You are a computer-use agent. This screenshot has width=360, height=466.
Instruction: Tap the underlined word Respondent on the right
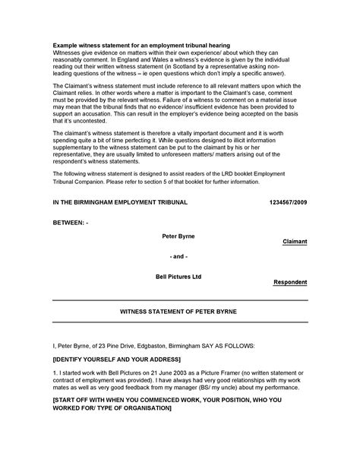click(x=290, y=281)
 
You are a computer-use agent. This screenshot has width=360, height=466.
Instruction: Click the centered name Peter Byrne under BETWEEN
click(x=178, y=236)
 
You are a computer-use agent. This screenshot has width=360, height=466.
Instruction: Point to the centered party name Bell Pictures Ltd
click(x=179, y=276)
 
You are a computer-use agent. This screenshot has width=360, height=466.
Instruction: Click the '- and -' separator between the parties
click(x=178, y=257)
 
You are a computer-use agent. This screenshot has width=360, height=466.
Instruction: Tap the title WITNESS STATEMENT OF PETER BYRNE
click(x=180, y=312)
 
